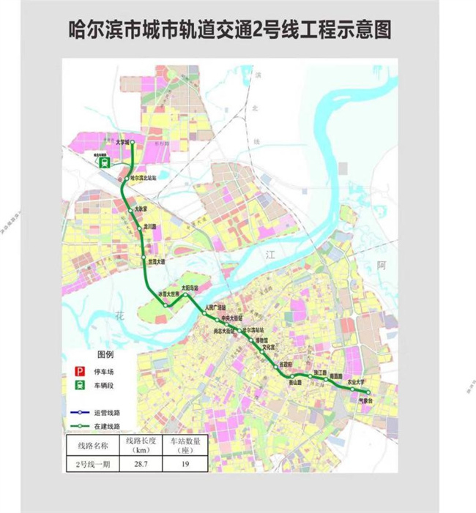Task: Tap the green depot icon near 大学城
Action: tap(104, 163)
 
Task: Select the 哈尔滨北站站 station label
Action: tap(145, 178)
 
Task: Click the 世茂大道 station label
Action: tap(157, 261)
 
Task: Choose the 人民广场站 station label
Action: tap(218, 307)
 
